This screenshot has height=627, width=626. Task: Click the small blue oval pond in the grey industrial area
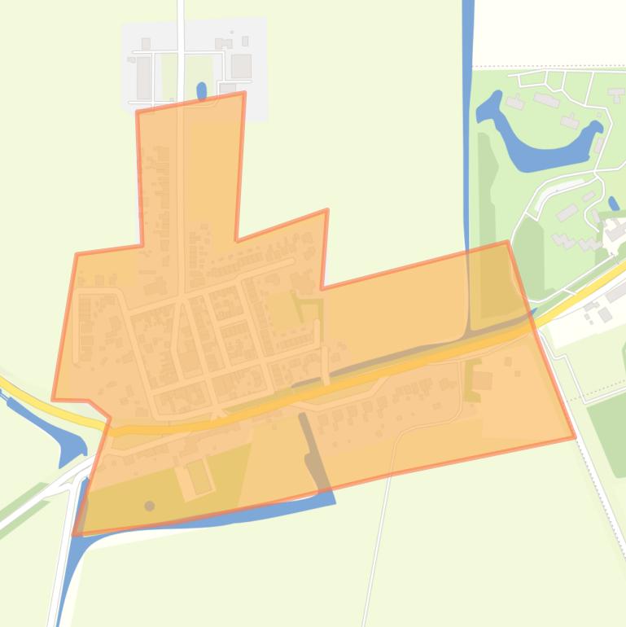(202, 90)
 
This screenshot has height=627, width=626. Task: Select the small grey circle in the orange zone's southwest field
(150, 506)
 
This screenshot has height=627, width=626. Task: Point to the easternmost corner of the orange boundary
(575, 437)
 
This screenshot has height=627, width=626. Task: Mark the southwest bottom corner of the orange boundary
(74, 535)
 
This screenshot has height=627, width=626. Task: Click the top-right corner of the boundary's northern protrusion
(244, 94)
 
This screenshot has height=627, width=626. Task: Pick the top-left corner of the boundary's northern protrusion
(137, 112)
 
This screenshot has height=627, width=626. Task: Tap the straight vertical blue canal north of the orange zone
(468, 122)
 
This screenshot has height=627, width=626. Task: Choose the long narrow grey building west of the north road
(144, 77)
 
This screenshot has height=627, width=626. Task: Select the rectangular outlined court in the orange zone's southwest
(199, 477)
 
